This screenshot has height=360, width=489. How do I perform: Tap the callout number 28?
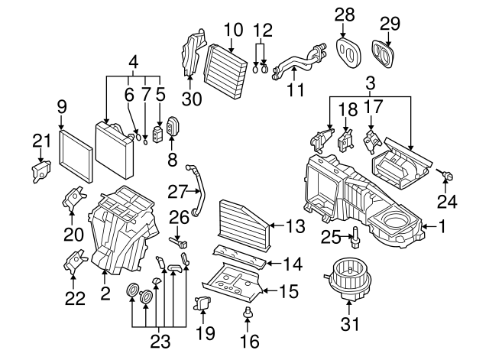tap(345, 15)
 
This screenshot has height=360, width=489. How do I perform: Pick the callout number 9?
tap(63, 106)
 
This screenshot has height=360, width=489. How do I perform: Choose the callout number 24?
tap(446, 203)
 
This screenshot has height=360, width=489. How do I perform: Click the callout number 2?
tap(105, 291)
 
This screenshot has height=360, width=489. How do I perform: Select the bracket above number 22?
tap(76, 261)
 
